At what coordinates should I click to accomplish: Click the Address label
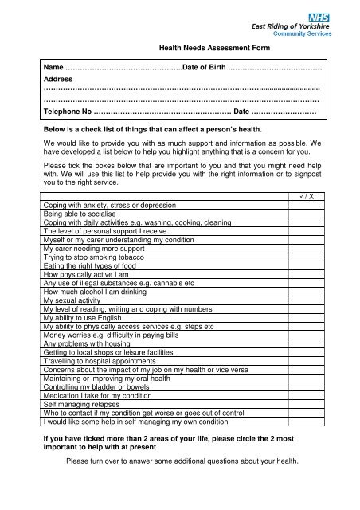coord(58,80)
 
